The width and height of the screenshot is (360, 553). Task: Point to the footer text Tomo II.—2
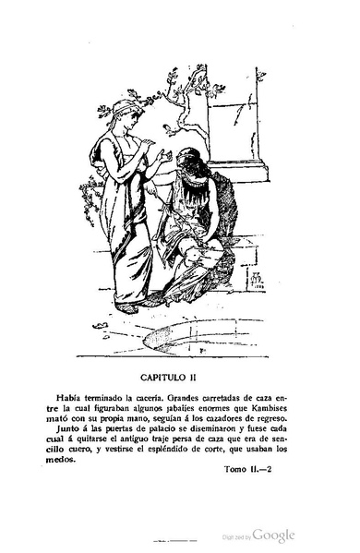pyautogui.click(x=250, y=494)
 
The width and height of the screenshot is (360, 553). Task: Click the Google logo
pyautogui.click(x=273, y=535)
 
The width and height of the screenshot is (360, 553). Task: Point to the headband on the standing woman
pyautogui.click(x=121, y=108)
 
